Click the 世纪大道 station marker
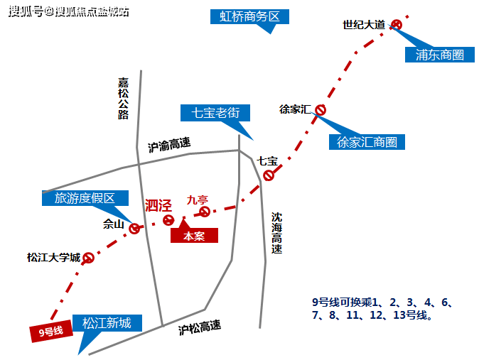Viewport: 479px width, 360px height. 397,25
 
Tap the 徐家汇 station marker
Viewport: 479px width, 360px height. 321,109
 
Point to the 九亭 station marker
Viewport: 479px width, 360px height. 205,212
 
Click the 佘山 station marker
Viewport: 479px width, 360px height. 134,228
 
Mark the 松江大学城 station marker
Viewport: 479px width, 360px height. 89,258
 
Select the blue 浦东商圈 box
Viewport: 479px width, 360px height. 439,54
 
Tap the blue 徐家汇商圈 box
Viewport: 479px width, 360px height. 367,141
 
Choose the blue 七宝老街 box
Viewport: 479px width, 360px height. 215,112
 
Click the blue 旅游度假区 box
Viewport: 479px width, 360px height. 85,198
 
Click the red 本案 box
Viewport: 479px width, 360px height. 194,236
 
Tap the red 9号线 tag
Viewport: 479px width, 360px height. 51,331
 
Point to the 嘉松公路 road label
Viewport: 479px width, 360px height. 124,98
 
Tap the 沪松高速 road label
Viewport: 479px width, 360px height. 200,327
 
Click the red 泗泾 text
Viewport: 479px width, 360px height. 158,206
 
